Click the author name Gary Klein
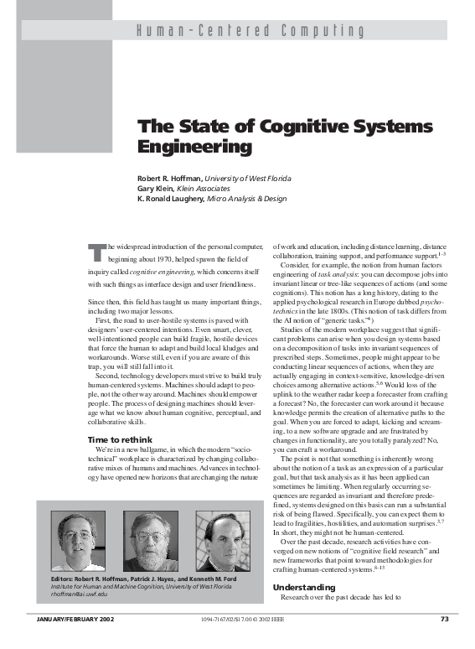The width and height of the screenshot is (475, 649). (157, 189)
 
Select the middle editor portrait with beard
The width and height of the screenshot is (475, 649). (151, 540)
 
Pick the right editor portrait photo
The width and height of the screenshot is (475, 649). (222, 540)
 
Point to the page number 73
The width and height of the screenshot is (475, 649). (445, 642)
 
